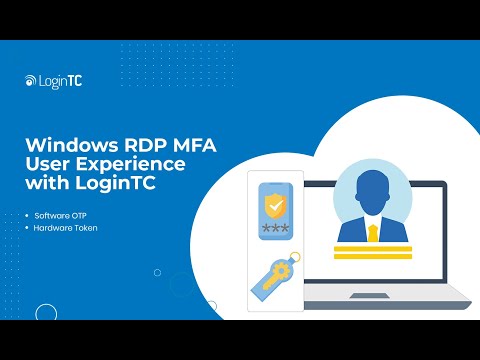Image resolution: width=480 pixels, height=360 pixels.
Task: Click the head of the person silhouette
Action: (x=370, y=190)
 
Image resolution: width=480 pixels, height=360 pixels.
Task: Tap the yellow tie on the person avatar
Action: (x=371, y=231)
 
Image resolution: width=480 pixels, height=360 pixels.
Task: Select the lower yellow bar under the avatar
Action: (x=371, y=257)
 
